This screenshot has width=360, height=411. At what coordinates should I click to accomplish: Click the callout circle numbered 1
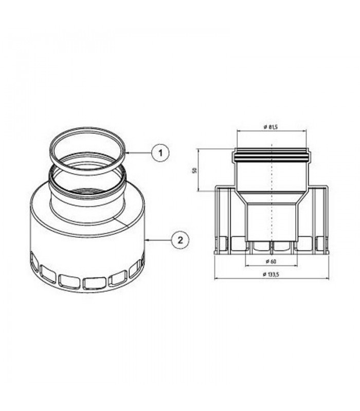point(160,152)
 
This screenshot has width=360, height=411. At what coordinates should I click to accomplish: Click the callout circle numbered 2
point(180,240)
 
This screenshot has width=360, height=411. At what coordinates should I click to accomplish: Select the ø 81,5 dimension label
point(271,127)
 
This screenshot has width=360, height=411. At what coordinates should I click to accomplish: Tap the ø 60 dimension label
point(271,261)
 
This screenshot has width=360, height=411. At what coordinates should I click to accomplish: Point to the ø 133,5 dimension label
point(271,274)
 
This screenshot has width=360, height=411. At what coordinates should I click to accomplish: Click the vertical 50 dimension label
point(194,171)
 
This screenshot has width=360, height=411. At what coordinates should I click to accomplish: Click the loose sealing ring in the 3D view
point(87,151)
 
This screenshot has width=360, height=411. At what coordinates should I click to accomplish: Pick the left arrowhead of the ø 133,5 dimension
point(216,278)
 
